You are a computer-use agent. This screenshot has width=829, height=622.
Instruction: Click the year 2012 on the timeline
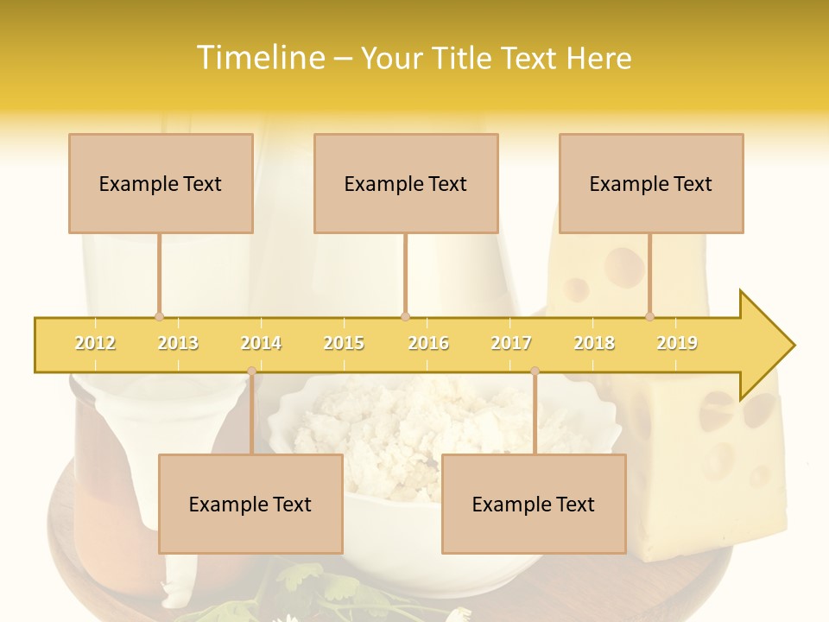pyautogui.click(x=95, y=343)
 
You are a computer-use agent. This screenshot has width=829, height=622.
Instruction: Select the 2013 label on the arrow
pyautogui.click(x=178, y=343)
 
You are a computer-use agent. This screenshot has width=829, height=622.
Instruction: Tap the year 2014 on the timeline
pyautogui.click(x=261, y=343)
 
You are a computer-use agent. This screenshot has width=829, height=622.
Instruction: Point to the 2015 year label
pyautogui.click(x=344, y=343)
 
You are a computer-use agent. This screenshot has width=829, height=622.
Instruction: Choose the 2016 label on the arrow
pyautogui.click(x=428, y=343)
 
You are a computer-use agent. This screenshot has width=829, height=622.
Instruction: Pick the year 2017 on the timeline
pyautogui.click(x=511, y=343)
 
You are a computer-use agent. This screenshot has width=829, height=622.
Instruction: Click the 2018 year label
pyautogui.click(x=594, y=343)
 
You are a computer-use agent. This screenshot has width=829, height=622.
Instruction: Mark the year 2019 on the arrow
pyautogui.click(x=677, y=343)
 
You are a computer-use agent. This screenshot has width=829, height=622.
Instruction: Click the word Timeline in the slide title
pyautogui.click(x=258, y=58)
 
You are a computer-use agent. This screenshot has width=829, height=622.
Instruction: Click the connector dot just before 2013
pyautogui.click(x=159, y=317)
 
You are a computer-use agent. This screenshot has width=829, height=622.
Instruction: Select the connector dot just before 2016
pyautogui.click(x=405, y=317)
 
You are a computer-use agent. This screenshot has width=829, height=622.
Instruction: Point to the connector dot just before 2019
pyautogui.click(x=649, y=317)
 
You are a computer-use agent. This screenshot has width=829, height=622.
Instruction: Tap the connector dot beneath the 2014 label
pyautogui.click(x=251, y=371)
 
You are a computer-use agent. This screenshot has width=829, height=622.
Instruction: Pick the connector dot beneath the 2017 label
pyautogui.click(x=535, y=371)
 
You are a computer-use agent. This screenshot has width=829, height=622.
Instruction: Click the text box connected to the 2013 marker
pyautogui.click(x=161, y=183)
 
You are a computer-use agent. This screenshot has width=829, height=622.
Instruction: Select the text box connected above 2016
pyautogui.click(x=406, y=183)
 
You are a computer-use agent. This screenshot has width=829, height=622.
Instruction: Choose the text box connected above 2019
pyautogui.click(x=651, y=183)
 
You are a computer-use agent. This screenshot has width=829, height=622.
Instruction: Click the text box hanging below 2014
pyautogui.click(x=250, y=504)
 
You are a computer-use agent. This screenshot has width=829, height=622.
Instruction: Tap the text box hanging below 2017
pyautogui.click(x=534, y=504)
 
